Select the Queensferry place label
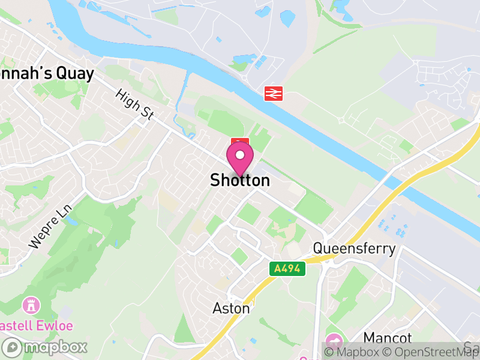pos(354,249)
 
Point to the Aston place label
pos(231,308)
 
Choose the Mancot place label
pos(387,338)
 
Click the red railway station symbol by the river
pos(274,93)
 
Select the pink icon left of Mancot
pos(335,339)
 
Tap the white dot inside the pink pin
pos(240,155)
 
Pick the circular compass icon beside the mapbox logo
pos(12,347)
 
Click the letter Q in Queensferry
pos(319,249)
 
